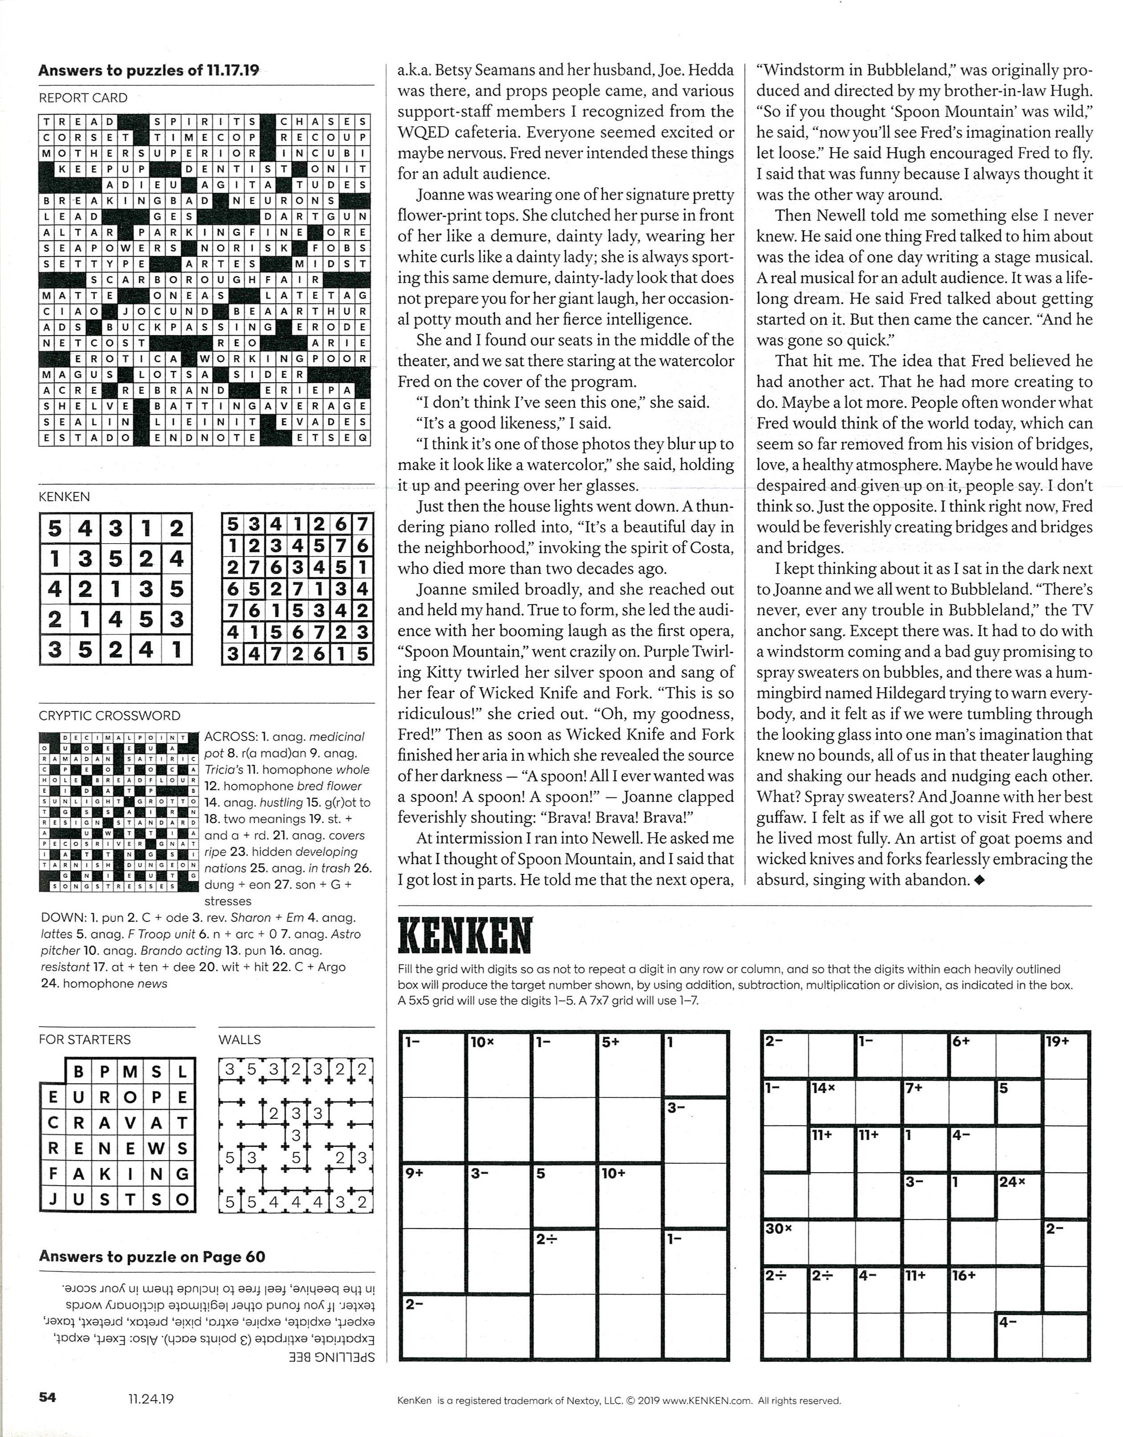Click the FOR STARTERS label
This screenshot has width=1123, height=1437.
tap(84, 1040)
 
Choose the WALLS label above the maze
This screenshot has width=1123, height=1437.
tap(240, 1040)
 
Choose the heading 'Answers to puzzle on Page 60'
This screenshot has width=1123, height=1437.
tap(152, 1257)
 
